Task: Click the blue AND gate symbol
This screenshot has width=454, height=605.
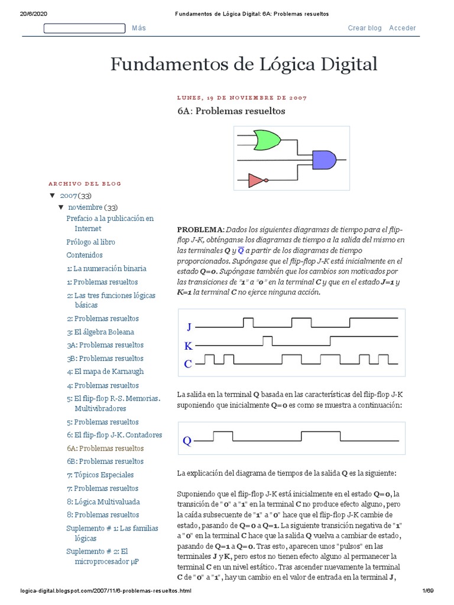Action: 324,158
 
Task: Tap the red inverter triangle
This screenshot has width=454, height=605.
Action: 256,180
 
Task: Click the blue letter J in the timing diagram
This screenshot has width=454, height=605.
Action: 189,327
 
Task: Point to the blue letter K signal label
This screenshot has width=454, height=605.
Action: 189,346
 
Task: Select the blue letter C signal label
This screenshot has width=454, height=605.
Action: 188,364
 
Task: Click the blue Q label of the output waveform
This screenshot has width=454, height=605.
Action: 187,441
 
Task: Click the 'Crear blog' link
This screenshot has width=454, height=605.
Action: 365,28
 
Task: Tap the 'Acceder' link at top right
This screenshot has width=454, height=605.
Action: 403,28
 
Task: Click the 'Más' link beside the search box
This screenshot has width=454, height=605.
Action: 139,28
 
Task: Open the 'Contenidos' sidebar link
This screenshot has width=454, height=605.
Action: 85,255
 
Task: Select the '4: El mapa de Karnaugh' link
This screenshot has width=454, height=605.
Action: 105,372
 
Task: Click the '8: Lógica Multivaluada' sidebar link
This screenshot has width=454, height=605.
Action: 103,502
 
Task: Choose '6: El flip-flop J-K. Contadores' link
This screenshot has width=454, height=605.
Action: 114,435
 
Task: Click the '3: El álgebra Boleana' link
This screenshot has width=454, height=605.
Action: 100,332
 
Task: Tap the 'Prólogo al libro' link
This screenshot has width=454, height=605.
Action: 91,242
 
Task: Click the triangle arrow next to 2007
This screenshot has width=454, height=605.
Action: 52,195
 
